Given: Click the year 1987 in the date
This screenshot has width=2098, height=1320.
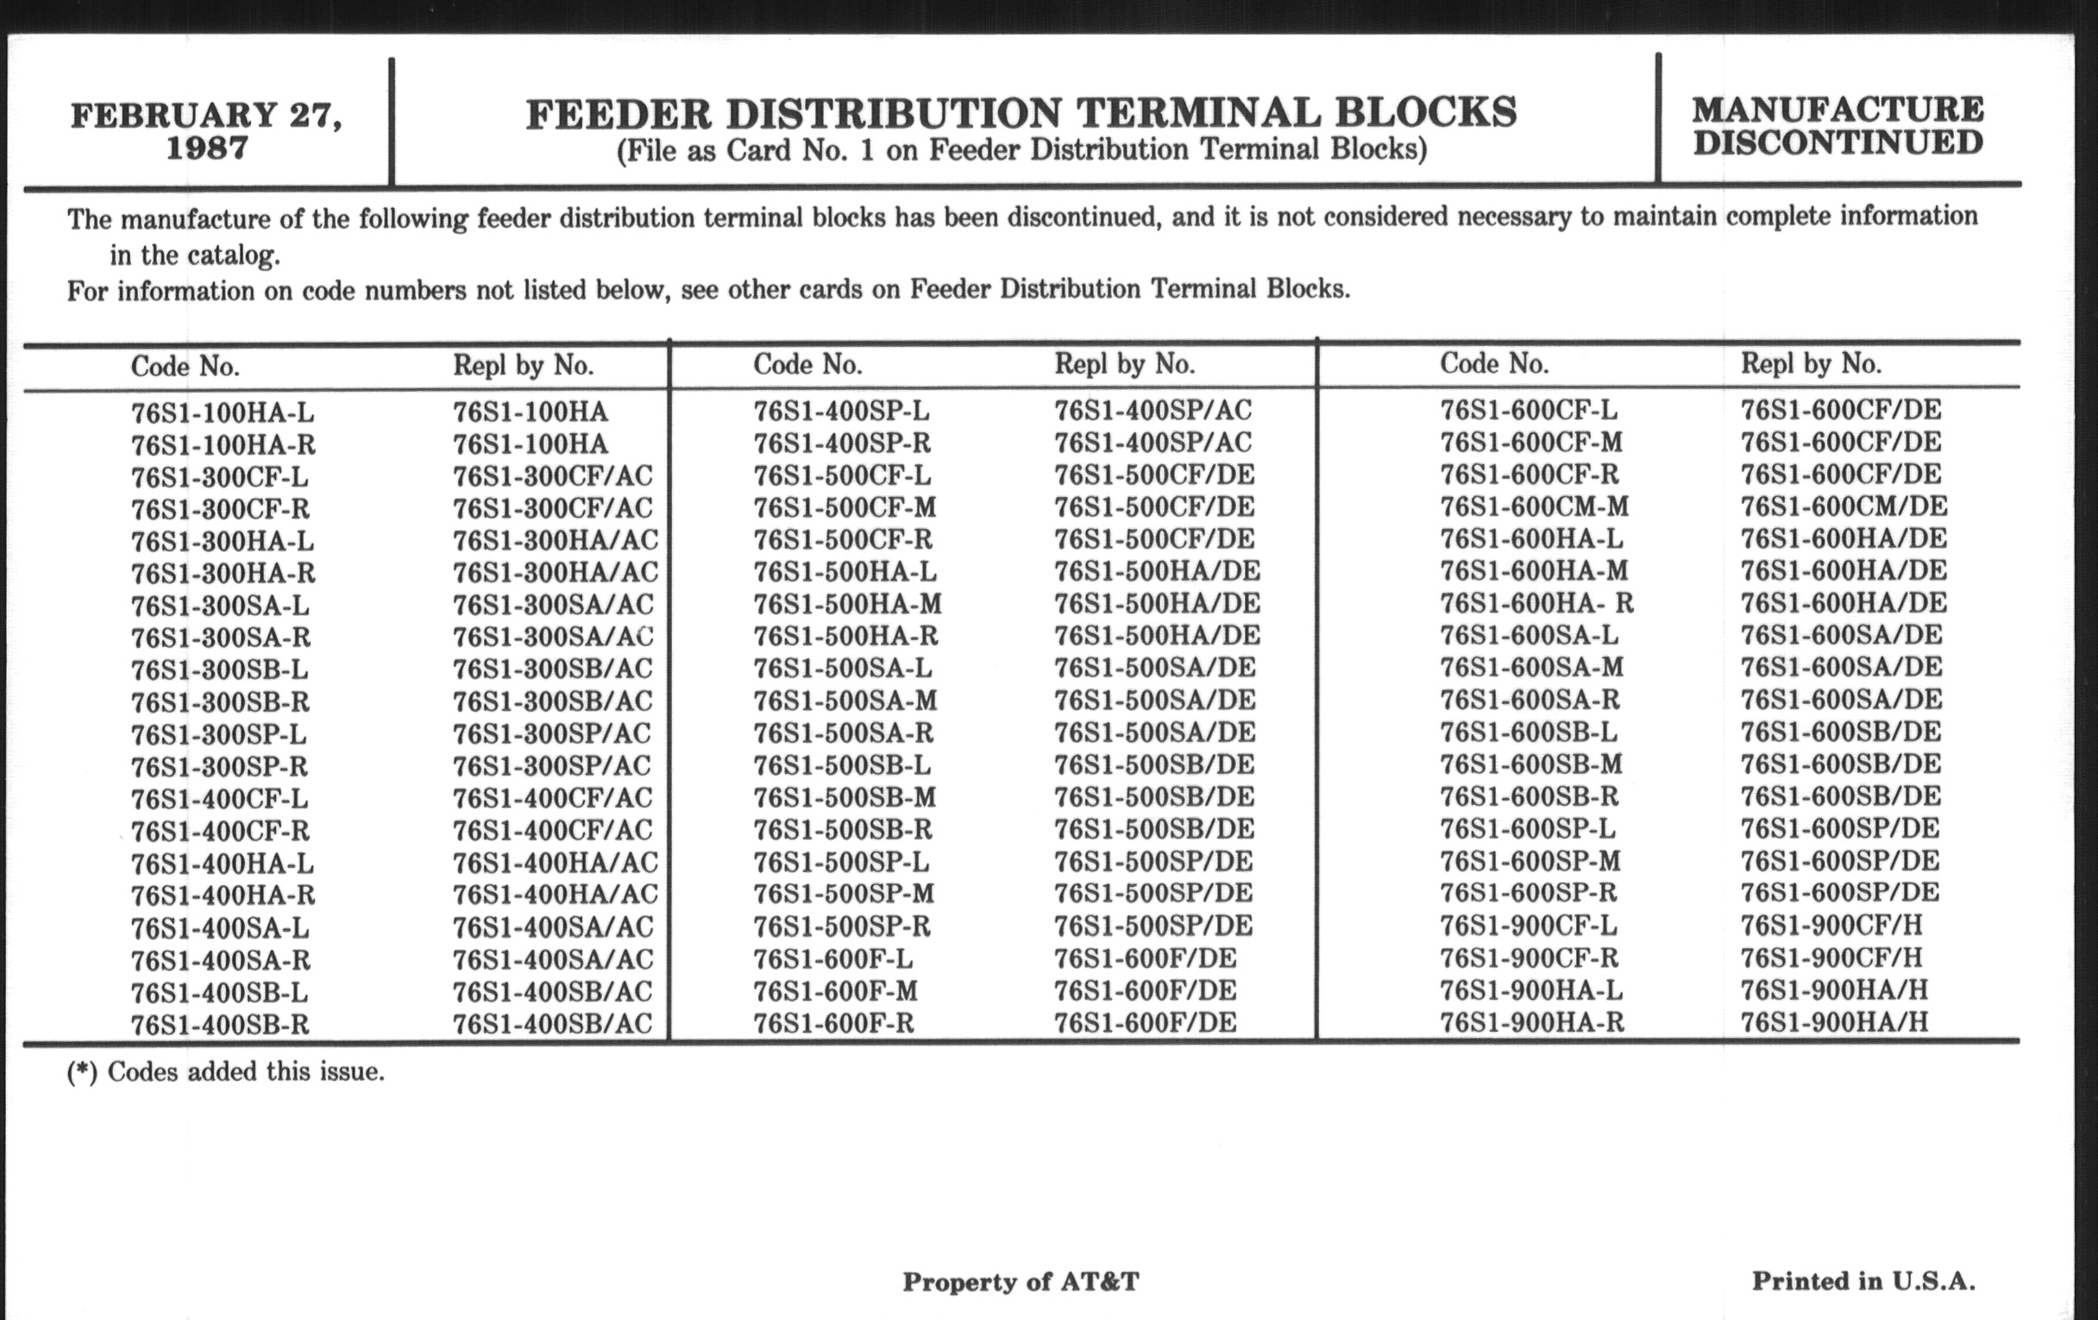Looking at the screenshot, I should (x=206, y=148).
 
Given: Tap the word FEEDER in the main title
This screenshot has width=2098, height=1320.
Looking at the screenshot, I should (x=619, y=114).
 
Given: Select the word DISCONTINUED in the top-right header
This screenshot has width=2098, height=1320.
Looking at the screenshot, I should (x=1838, y=143).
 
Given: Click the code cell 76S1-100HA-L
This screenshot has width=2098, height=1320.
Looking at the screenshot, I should (x=223, y=412).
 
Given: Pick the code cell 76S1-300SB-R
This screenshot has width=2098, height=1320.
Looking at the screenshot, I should (x=221, y=702).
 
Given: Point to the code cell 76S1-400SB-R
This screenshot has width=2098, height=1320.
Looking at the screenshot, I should (x=220, y=1025).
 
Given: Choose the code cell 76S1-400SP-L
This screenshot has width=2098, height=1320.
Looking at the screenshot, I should (x=841, y=411).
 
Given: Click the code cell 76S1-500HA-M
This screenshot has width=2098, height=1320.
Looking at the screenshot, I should (x=847, y=604).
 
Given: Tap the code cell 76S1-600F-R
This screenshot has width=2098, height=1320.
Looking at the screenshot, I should (x=834, y=1023).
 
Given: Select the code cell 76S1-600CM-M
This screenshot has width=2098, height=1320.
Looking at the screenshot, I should (x=1534, y=507).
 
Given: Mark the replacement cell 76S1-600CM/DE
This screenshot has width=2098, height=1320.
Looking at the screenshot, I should (x=1844, y=507).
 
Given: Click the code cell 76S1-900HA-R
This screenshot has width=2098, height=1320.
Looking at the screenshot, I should (x=1532, y=1022).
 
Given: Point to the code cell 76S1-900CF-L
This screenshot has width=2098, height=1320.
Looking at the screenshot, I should (x=1528, y=926).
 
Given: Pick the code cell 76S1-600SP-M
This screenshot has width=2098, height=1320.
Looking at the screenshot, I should (x=1530, y=862).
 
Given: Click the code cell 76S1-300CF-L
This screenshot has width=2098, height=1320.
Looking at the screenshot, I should (x=220, y=477).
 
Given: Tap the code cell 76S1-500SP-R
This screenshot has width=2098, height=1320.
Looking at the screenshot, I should (x=842, y=926).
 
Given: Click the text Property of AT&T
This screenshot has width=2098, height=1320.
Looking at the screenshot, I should (x=1021, y=1282).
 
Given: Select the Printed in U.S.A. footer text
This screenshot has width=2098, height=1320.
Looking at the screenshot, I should (x=1863, y=1281).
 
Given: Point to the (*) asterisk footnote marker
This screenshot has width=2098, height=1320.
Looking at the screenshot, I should (x=82, y=1072).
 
